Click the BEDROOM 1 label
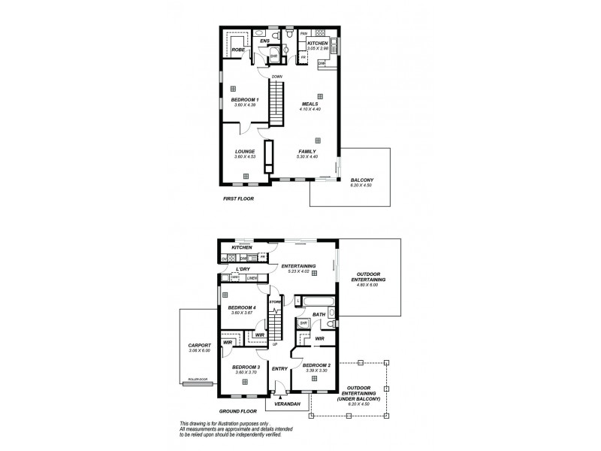[245, 100]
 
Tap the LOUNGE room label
[245, 151]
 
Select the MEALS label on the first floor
[310, 104]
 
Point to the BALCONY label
[362, 180]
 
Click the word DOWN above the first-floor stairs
[276, 76]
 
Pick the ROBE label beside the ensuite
[237, 50]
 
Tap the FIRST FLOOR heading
[239, 199]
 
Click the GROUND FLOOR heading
[238, 411]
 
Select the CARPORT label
[199, 346]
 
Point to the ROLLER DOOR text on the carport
[198, 380]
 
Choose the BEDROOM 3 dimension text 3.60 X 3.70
[245, 373]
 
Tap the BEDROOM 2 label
[315, 365]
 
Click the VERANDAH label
[286, 404]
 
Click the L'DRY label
[243, 269]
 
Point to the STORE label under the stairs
[276, 302]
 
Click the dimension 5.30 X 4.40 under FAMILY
[310, 156]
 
